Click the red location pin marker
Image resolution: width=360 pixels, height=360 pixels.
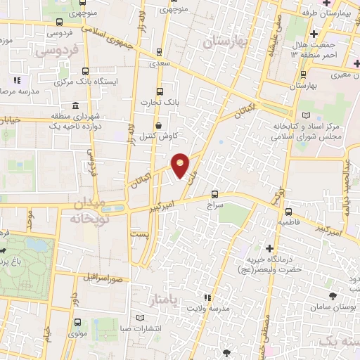181,165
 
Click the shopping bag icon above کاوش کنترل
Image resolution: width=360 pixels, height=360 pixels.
159,124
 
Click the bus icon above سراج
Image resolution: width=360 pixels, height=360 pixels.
214,195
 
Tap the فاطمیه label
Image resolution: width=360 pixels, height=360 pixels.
288,222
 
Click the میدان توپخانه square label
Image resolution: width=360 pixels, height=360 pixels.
87,211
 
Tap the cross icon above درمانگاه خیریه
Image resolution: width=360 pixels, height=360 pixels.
269,248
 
